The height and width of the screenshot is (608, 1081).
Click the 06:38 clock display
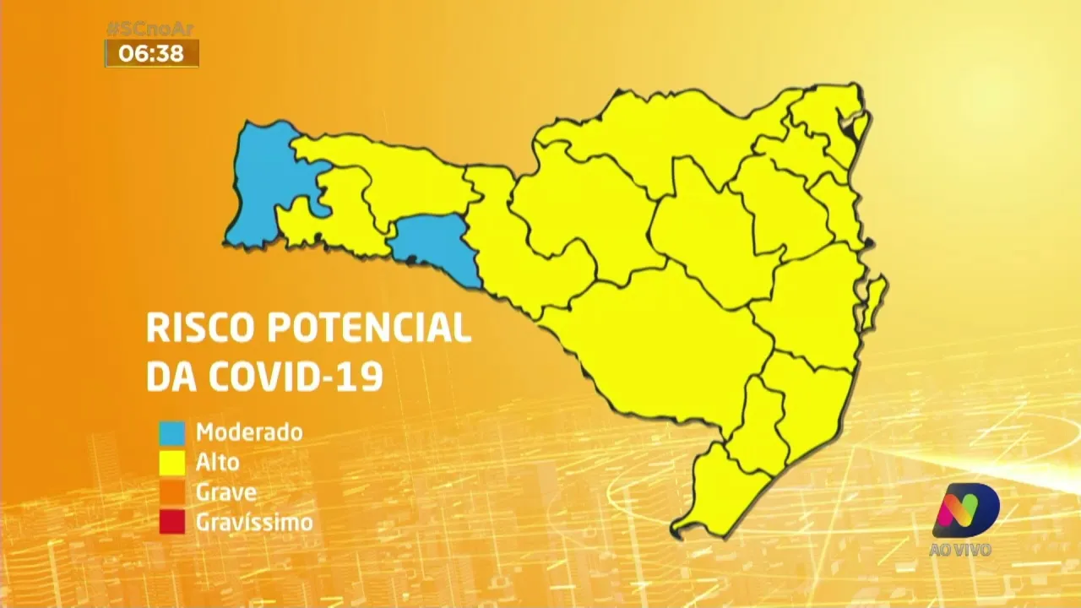pyautogui.click(x=151, y=53)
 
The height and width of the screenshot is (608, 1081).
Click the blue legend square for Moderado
pyautogui.click(x=171, y=432)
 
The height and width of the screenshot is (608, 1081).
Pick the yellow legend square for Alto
pyautogui.click(x=171, y=463)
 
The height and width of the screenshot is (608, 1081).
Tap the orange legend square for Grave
pyautogui.click(x=171, y=492)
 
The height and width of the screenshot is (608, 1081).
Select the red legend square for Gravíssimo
pyautogui.click(x=171, y=522)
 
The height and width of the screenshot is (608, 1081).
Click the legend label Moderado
pyautogui.click(x=249, y=432)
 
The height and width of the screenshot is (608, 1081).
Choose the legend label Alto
pyautogui.click(x=218, y=463)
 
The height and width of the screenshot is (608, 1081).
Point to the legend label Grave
pyautogui.click(x=226, y=492)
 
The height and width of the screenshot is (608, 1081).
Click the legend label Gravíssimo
pyautogui.click(x=254, y=523)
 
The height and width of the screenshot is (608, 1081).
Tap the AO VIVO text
pyautogui.click(x=960, y=550)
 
